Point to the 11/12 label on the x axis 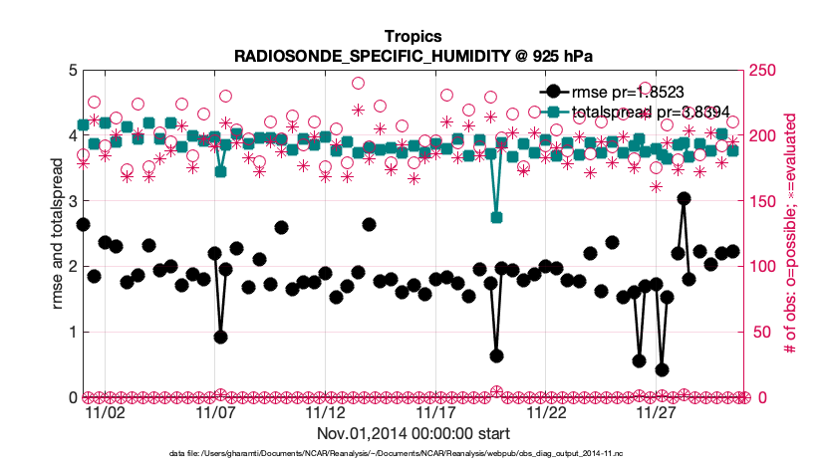point(325,411)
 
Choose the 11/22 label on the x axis point(546,411)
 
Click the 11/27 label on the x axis point(657,411)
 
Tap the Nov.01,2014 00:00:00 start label point(413,433)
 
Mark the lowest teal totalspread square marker point(496,217)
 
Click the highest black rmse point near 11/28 point(684,198)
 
